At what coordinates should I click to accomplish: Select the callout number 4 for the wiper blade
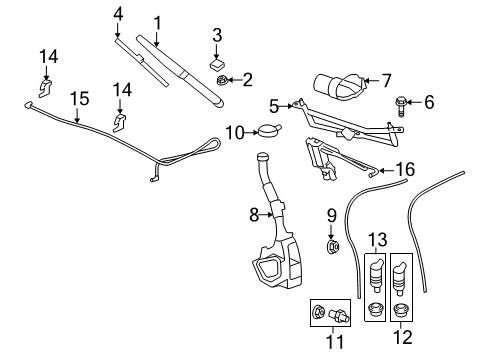coord(118,13)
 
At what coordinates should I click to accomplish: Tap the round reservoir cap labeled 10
coord(267,130)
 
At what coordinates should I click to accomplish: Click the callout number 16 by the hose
coord(404,170)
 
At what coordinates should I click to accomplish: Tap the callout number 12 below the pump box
coord(403,326)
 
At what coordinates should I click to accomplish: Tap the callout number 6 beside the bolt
coord(430,102)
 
